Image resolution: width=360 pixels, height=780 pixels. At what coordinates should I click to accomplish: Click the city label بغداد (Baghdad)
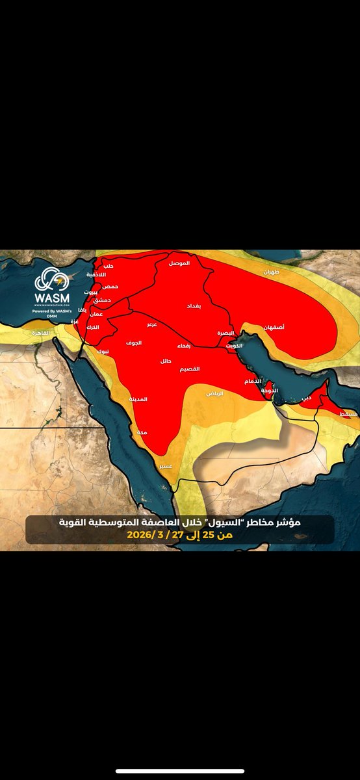tap(194, 304)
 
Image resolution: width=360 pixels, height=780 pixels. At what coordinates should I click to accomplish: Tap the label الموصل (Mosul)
tap(179, 263)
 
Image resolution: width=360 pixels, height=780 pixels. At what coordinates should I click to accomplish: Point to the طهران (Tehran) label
tap(270, 273)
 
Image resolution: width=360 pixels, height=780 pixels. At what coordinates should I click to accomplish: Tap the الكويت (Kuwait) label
tap(235, 346)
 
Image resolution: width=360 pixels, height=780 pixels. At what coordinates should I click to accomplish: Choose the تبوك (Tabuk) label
tap(103, 351)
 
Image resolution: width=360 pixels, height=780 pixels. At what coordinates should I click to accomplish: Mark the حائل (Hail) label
tap(166, 360)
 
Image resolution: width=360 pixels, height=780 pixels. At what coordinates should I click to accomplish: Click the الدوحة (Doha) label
tap(270, 391)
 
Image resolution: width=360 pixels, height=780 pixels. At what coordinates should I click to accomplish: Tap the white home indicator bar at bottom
tap(180, 772)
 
